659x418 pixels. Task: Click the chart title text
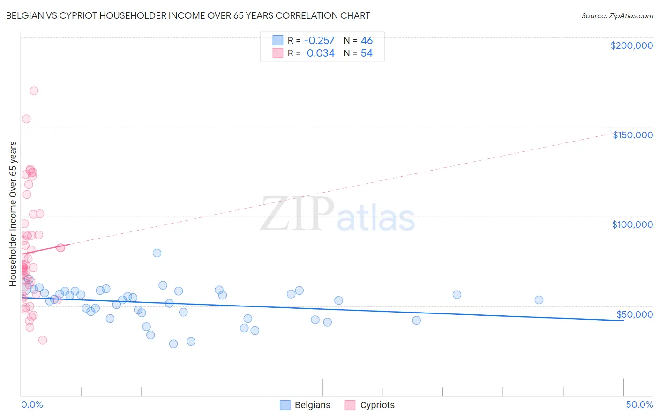pos(188,15)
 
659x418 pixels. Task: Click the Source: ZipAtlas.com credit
pos(617,15)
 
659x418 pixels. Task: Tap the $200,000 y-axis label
pos(631,45)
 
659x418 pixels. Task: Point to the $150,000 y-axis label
pos(632,135)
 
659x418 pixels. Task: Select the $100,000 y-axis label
pos(632,224)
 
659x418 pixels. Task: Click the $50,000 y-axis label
pos(634,314)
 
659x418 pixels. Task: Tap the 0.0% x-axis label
pos(32,404)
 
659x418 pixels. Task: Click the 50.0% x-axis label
pos(639,404)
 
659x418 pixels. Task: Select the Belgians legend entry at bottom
pos(305,405)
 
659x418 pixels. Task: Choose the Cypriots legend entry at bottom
pos(370,405)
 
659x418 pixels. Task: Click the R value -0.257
pos(319,40)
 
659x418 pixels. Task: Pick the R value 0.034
pos(321,53)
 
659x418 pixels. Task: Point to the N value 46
pos(367,40)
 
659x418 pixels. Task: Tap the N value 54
pos(367,53)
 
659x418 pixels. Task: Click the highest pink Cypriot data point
pos(34,91)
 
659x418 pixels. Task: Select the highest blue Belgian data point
pos(157,253)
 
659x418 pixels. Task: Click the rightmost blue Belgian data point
pos(539,300)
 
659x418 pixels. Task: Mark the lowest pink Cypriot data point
pos(43,340)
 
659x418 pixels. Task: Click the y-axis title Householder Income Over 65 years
pos(13,214)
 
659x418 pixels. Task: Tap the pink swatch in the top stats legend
pos(278,53)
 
